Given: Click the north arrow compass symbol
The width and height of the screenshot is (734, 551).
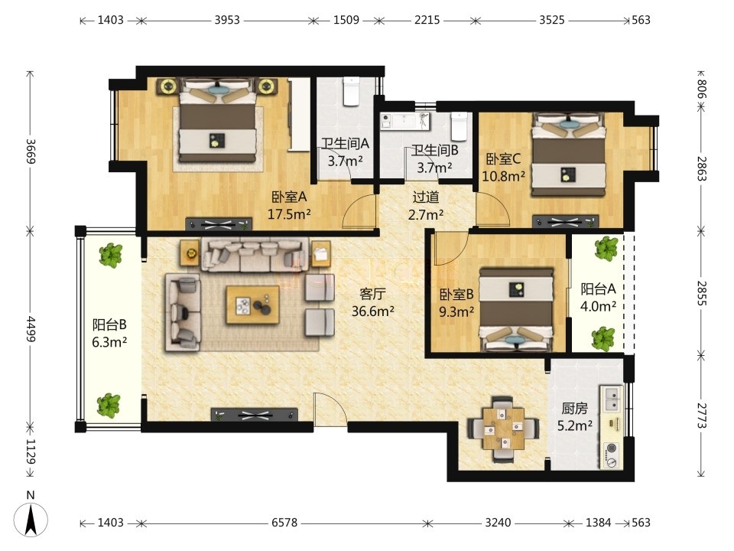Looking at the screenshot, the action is [31, 519].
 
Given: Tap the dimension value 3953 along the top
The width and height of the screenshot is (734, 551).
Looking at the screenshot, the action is [227, 20].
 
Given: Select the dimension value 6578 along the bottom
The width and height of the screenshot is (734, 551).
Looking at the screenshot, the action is [284, 523].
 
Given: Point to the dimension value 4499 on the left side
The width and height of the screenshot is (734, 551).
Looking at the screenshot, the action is [31, 329].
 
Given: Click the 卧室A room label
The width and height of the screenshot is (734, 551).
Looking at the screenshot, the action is [289, 197].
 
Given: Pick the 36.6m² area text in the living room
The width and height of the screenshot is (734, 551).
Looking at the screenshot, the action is [372, 311].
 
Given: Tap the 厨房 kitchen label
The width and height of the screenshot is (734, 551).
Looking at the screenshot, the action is [574, 409].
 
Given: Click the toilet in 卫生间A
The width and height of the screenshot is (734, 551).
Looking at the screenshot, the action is [351, 90].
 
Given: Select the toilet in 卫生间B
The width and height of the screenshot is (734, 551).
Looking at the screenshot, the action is [459, 126].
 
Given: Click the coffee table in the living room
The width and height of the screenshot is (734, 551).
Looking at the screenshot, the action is [253, 305].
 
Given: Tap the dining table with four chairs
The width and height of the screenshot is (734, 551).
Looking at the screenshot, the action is [503, 429].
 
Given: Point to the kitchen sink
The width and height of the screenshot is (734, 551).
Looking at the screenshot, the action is [611, 398].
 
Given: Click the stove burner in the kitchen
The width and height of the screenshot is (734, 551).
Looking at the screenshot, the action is [611, 455].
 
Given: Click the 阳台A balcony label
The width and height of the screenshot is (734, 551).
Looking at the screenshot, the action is [598, 289].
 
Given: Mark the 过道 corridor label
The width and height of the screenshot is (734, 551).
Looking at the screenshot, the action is [426, 197].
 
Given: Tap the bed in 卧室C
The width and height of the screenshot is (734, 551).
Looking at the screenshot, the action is [568, 154].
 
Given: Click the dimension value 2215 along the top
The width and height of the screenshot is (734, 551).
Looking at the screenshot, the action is [427, 20].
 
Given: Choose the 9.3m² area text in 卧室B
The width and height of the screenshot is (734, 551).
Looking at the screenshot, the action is [456, 311].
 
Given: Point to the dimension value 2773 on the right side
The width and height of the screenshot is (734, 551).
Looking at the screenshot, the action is [702, 415].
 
